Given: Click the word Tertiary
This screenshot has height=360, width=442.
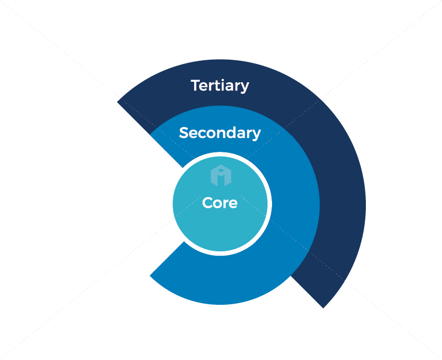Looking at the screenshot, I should (x=220, y=86).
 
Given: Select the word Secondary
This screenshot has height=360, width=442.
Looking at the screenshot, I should (x=220, y=133).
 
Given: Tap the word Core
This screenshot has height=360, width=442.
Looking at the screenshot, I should (x=220, y=203).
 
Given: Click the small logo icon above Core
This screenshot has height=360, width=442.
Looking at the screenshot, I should (x=221, y=175).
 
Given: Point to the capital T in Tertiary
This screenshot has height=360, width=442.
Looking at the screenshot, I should (x=195, y=86).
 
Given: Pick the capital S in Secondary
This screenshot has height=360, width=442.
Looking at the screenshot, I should (x=184, y=133).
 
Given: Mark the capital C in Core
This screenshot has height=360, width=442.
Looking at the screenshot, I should (x=207, y=203).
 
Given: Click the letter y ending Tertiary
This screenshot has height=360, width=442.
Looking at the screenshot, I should (x=244, y=88).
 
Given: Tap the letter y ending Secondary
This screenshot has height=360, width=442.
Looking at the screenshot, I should (x=256, y=135).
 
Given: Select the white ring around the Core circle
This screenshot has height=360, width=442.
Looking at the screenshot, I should (x=269, y=204).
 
